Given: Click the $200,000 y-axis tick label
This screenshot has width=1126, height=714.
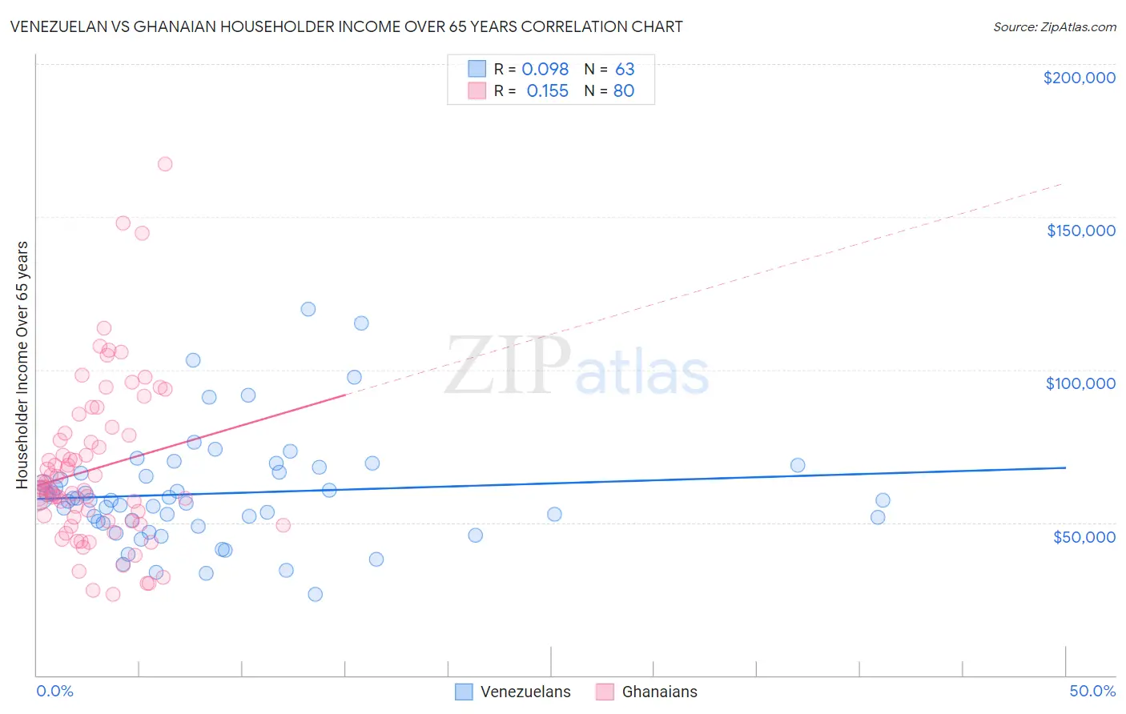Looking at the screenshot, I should [x=1079, y=78].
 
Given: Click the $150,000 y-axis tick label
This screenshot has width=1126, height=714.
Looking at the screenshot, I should [x=1080, y=231].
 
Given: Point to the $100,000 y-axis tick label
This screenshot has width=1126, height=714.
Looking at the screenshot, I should [x=1080, y=383].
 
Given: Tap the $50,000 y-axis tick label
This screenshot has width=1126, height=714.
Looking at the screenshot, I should [x=1084, y=536].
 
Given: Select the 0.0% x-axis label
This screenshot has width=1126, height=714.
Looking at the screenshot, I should [x=54, y=691].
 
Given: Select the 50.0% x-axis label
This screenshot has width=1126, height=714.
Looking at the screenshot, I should [x=1092, y=691].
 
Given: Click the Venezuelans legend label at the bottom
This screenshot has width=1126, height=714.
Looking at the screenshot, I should [x=525, y=692].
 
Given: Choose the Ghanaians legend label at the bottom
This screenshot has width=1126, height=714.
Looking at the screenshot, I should [x=659, y=692].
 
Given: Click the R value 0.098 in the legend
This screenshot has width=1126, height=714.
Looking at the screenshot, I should [x=545, y=70].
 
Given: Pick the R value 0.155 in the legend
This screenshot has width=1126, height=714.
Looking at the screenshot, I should [x=547, y=91].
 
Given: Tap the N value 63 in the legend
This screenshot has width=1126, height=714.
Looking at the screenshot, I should [x=625, y=70].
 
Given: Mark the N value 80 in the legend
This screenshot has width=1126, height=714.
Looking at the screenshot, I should [x=624, y=91].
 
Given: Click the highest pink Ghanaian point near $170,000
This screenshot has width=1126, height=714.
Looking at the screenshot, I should [x=165, y=164].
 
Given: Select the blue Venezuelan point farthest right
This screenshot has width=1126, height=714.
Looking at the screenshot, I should [x=883, y=500].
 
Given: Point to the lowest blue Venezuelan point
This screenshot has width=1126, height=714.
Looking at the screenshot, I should [x=316, y=594].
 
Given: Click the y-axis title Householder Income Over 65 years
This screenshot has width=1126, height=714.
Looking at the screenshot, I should [x=22, y=364].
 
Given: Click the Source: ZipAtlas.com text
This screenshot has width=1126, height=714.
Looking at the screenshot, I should [x=1054, y=27].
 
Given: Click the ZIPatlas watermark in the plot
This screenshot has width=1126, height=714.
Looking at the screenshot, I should [x=577, y=367].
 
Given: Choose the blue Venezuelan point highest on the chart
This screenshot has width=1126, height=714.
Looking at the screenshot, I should [x=308, y=309].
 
